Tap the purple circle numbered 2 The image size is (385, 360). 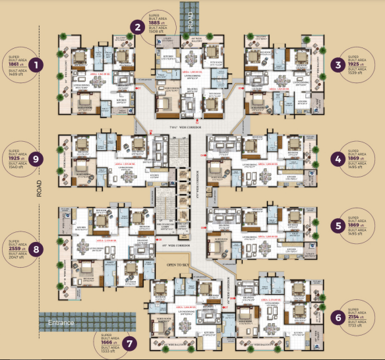(x=138, y=27)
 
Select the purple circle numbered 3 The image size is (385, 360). (x=338, y=65)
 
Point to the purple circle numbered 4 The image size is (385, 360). (x=338, y=159)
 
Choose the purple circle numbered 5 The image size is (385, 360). (x=338, y=225)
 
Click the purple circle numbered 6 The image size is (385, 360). (x=338, y=318)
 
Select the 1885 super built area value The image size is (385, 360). (x=158, y=22)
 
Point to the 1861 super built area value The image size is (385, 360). (x=15, y=64)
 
